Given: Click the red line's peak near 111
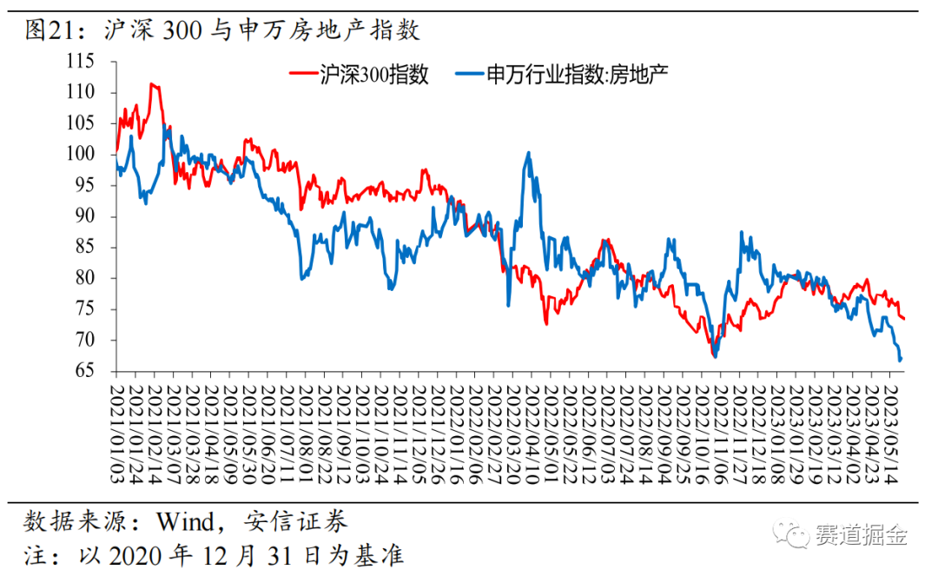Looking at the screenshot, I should tap(152, 83).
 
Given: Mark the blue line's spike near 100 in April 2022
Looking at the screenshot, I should tap(528, 153).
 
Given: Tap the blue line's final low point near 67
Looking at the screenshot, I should tap(900, 360).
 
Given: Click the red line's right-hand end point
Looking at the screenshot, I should tap(904, 319).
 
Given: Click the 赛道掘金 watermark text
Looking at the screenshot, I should tap(862, 535).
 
